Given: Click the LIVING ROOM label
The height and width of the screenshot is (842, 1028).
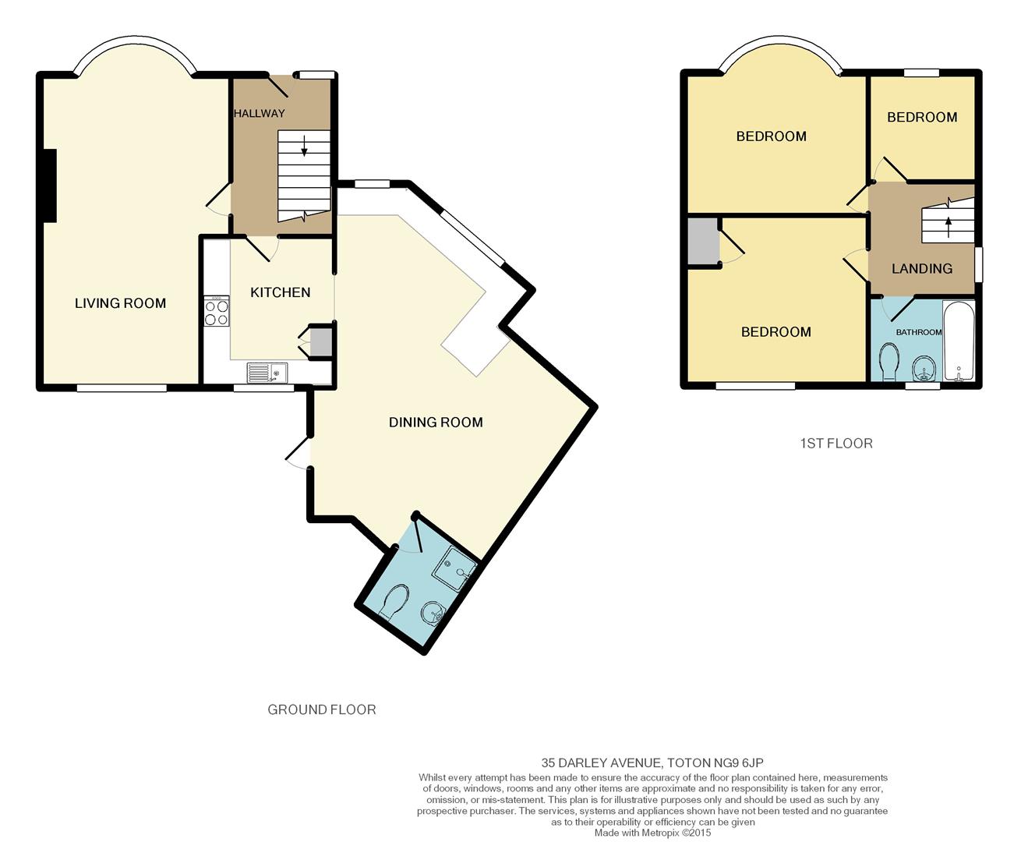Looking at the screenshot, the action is pos(120,303).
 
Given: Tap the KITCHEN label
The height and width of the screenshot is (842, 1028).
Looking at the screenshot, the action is pos(281,292).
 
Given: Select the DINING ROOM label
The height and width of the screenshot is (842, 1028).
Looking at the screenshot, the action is pos(436,423).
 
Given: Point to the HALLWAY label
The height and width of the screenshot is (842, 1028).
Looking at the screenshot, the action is pos(260,114).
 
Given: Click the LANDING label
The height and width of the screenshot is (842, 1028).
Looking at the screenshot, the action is pos(922,269).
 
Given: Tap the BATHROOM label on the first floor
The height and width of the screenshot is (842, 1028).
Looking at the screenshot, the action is pos(919,332).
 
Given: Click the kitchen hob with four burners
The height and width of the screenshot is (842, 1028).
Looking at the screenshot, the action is pos(217,310).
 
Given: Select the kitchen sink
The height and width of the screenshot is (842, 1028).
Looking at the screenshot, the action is pos(267,373).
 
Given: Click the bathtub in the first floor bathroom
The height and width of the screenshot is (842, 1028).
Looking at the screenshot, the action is pos(959,341).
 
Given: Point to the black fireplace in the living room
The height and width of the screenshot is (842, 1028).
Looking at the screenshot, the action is pos(50,186).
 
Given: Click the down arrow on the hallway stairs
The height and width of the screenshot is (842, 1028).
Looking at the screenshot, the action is pos(304,145).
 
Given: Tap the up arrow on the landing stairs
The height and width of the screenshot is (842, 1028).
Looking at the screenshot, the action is pos(949,227).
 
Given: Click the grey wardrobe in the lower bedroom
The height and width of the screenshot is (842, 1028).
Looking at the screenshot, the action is pos(702,242).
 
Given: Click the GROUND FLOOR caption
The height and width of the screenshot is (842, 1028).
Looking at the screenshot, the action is pos(322,709).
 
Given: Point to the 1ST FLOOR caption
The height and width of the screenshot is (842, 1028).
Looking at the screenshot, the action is pos(836,443).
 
